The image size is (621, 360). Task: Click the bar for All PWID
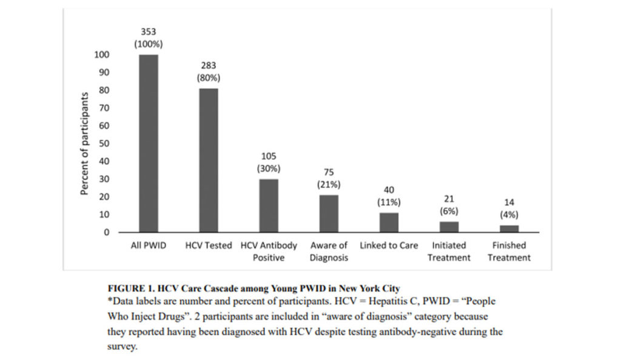tap(149, 144)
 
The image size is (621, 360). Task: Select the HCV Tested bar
tap(209, 161)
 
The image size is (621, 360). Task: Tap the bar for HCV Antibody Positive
tap(269, 205)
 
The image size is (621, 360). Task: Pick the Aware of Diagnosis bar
tap(329, 213)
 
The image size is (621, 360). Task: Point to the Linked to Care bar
tap(389, 222)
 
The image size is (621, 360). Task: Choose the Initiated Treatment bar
tap(449, 227)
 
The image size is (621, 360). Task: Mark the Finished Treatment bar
tap(509, 228)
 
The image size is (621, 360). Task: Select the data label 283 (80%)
tap(208, 72)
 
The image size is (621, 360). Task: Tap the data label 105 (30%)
tap(269, 162)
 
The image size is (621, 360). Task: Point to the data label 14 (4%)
tap(509, 208)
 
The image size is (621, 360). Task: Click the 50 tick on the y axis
tap(104, 144)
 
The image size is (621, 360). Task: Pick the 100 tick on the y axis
tap(101, 55)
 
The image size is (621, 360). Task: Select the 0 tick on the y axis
tap(106, 232)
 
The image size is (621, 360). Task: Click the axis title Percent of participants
tap(85, 144)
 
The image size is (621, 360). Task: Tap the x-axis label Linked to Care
tap(389, 245)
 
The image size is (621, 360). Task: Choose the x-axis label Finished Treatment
tap(509, 252)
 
